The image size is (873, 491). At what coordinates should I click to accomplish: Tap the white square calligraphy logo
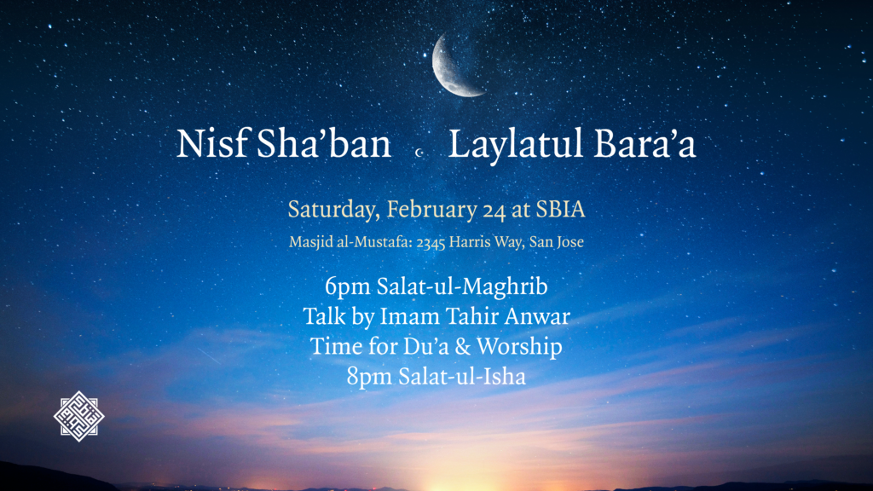click(x=79, y=416)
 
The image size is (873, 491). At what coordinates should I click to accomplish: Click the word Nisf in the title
click(x=212, y=143)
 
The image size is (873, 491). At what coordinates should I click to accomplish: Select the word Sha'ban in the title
click(x=324, y=143)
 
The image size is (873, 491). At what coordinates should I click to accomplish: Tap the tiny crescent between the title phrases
click(x=419, y=152)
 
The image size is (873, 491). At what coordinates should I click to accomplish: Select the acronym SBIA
click(x=560, y=210)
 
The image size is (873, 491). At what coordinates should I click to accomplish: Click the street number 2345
click(x=431, y=242)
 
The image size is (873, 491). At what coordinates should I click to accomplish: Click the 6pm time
click(x=348, y=286)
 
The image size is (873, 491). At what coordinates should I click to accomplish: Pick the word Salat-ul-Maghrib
click(x=462, y=286)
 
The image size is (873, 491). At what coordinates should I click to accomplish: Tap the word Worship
click(x=519, y=346)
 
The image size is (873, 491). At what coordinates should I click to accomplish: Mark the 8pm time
click(x=369, y=377)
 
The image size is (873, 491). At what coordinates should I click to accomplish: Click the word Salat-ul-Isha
click(x=461, y=376)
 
